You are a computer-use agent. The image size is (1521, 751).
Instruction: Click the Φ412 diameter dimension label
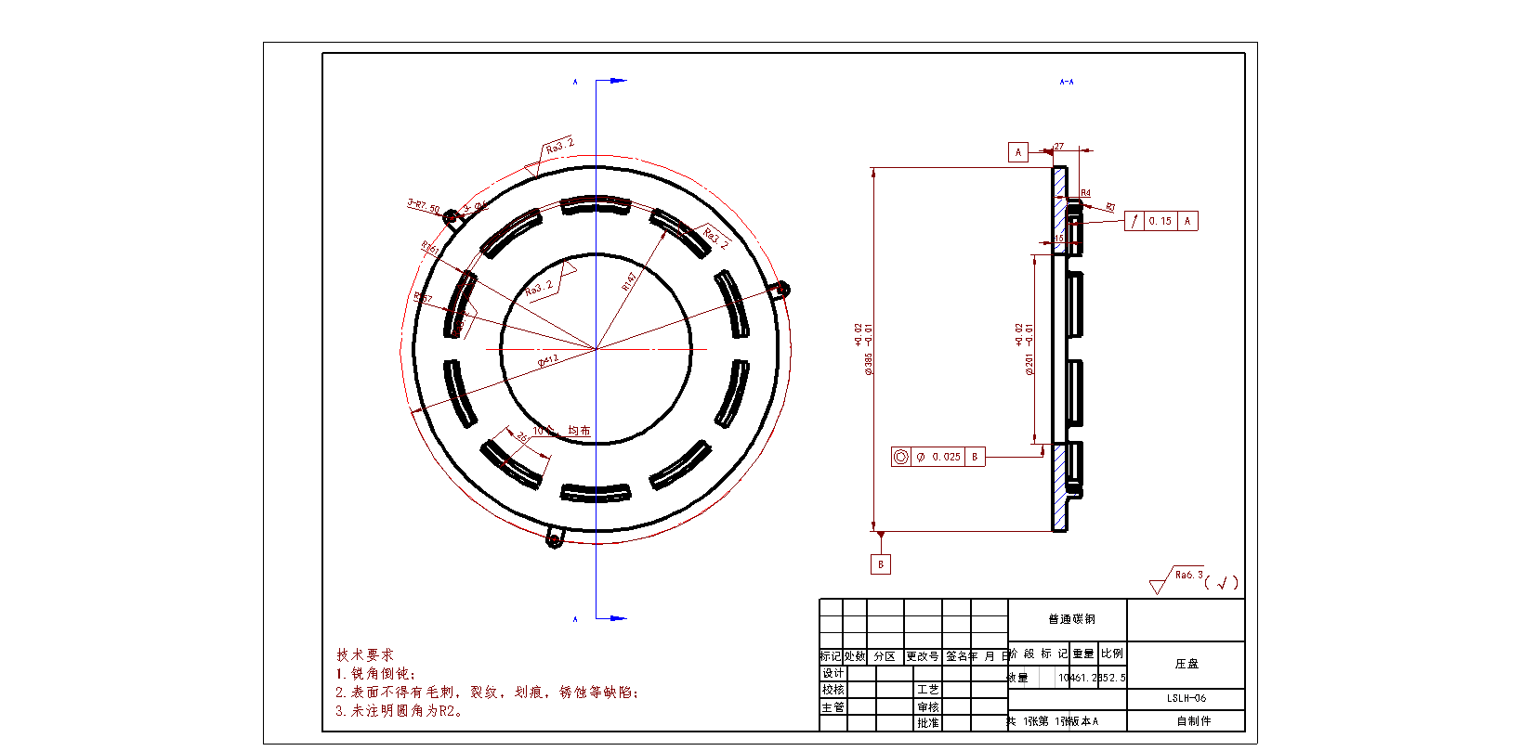pos(548,360)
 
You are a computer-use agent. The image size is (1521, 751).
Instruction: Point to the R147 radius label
pos(630,280)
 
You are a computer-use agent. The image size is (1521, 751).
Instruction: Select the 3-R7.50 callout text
pos(424,205)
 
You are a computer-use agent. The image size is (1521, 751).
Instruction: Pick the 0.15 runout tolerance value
pos(1160,221)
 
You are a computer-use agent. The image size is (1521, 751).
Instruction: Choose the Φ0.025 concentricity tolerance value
pos(940,457)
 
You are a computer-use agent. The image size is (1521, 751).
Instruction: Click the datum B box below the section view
pos(881,564)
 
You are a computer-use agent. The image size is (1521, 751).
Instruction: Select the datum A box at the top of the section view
pos(1018,152)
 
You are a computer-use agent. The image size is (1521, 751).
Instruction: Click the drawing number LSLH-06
pos(1187,698)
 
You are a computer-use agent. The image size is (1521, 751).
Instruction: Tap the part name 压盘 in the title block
pos(1187,664)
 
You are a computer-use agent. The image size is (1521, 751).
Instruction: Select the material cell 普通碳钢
pos(1071,619)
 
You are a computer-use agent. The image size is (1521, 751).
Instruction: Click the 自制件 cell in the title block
pos(1193,720)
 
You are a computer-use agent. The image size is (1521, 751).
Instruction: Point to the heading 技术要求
pos(365,654)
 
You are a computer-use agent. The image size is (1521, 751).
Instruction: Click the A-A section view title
pos(1067,82)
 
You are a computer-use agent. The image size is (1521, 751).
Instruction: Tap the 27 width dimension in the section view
pos(1059,147)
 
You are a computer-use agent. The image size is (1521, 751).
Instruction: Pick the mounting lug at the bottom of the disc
pos(554,538)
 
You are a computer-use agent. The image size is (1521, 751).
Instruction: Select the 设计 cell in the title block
pos(833,673)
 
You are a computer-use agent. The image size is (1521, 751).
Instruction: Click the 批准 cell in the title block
pos(927,722)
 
